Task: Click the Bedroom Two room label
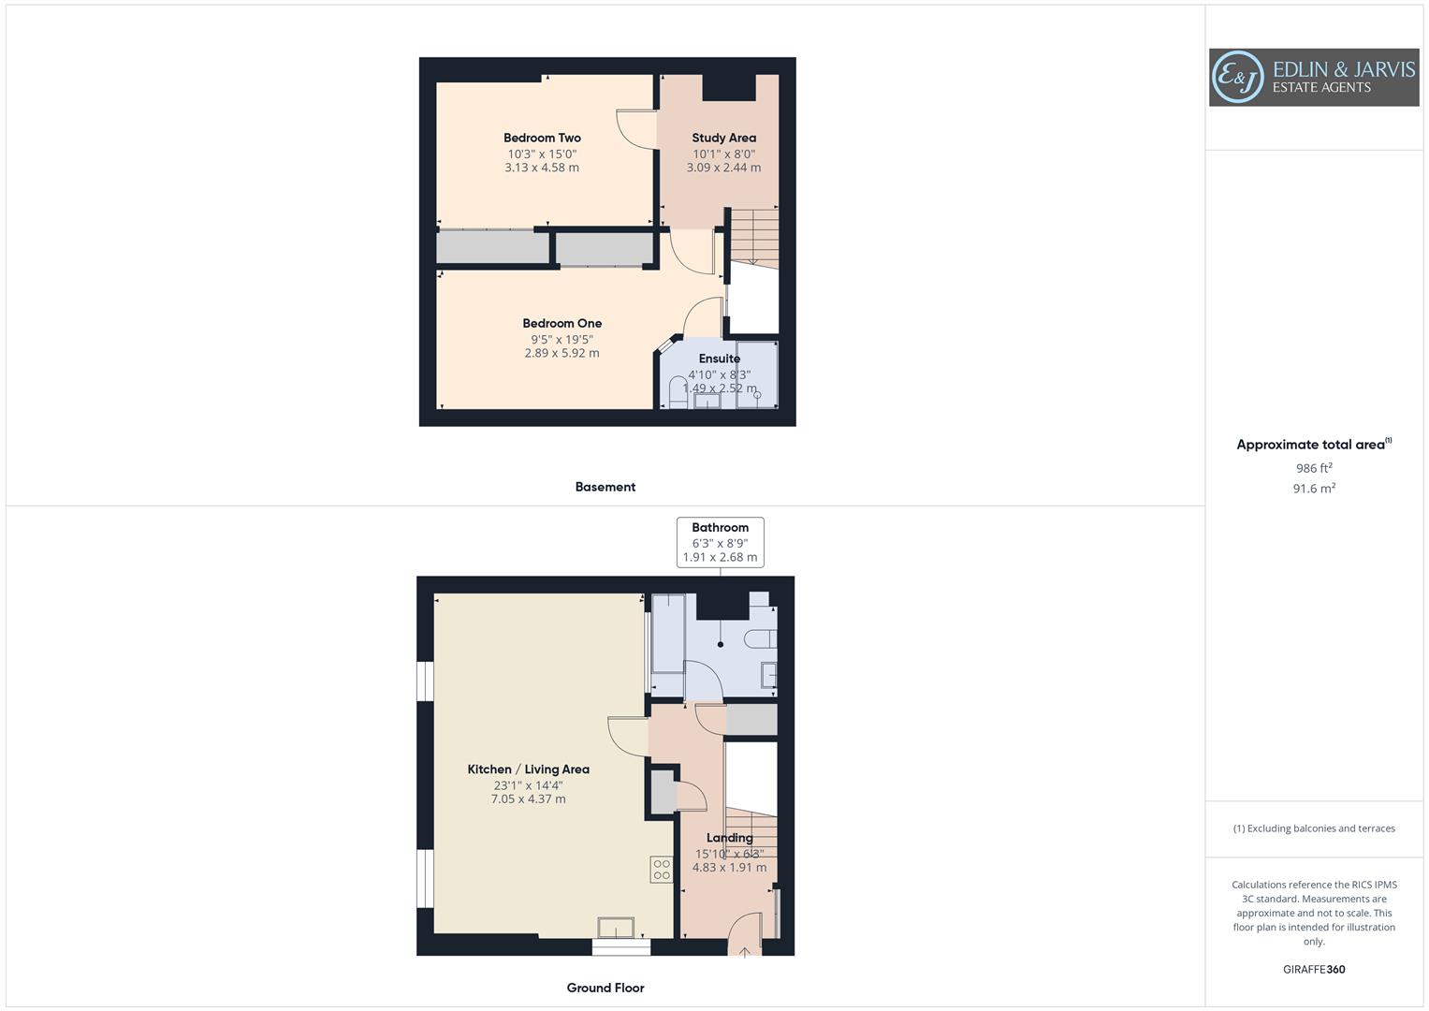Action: [x=542, y=138]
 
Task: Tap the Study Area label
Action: [x=723, y=138]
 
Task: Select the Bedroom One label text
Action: [x=561, y=323]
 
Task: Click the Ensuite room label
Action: [x=720, y=359]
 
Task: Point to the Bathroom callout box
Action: [x=720, y=542]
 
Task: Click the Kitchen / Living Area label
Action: [x=528, y=769]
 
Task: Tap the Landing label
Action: [x=729, y=838]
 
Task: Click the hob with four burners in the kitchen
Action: [x=662, y=870]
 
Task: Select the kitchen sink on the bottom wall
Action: [x=616, y=928]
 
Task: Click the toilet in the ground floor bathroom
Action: [x=760, y=639]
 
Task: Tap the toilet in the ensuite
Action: [x=678, y=393]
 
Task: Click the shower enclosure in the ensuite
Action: [x=756, y=375]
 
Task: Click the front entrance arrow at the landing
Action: [x=745, y=952]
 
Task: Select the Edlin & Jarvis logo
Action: [x=1313, y=77]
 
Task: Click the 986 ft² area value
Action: [x=1314, y=468]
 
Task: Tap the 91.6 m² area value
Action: [x=1314, y=489]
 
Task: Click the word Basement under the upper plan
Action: [x=605, y=487]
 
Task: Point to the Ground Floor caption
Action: [x=605, y=988]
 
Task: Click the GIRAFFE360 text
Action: [x=1314, y=970]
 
